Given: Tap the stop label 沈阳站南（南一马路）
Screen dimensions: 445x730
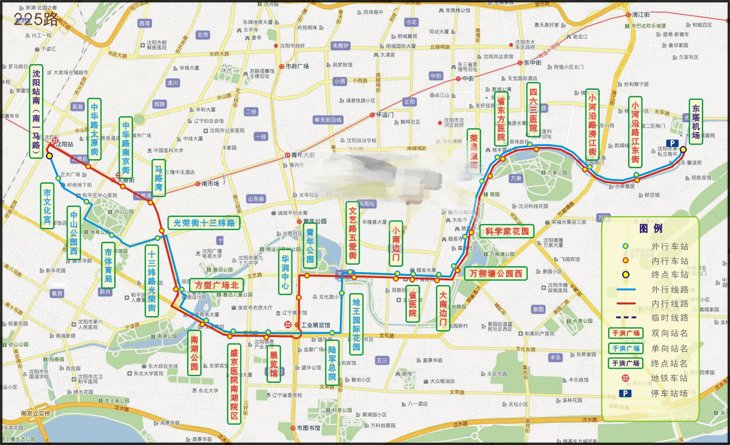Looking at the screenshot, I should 36,112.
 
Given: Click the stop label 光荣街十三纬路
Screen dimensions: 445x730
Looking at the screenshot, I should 204,223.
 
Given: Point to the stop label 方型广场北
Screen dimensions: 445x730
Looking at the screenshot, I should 217,285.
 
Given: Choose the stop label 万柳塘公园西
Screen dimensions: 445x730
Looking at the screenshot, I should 496,274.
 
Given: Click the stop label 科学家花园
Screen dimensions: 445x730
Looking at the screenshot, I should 507,231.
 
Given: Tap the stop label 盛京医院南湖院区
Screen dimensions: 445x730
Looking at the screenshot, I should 234,384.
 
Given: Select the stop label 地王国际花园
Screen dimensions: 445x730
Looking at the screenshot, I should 356,324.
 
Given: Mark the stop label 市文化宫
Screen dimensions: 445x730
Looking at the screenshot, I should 47,205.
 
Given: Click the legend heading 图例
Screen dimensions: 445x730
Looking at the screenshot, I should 651,229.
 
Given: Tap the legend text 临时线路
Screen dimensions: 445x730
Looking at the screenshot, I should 669,318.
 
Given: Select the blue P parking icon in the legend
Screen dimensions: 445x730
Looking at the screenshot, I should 625,393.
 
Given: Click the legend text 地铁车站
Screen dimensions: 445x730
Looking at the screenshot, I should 669,378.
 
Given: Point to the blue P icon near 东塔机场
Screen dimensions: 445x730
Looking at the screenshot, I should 672,143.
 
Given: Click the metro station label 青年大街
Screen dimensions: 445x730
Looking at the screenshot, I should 303,155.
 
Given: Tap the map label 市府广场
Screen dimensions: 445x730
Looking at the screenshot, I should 297,66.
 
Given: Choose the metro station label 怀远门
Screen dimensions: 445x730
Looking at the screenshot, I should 385,115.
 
